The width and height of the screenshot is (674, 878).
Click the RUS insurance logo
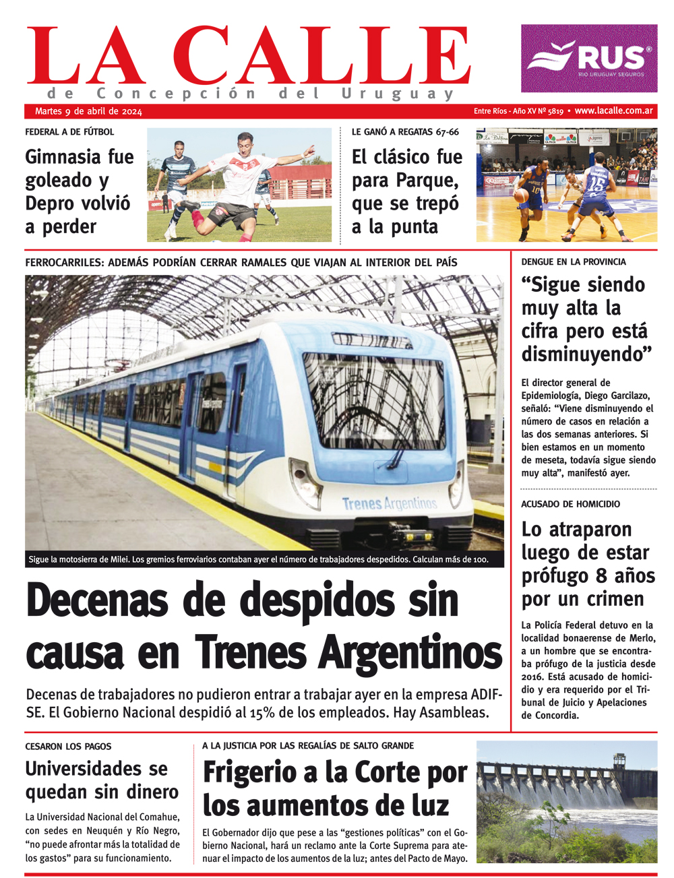click(x=589, y=59)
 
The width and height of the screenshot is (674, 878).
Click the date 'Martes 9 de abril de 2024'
click(x=88, y=112)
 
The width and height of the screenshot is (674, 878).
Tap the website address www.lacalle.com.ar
click(x=613, y=111)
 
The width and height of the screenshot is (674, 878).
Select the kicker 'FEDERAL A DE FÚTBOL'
click(x=69, y=132)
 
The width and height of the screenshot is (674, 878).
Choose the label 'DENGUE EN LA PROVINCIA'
click(x=574, y=261)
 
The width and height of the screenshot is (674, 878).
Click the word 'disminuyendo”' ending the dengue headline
click(x=586, y=354)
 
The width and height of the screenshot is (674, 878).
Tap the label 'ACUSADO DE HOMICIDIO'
click(x=570, y=504)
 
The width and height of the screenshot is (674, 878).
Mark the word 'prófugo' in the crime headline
click(x=555, y=576)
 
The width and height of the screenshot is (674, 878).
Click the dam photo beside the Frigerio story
click(x=566, y=802)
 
